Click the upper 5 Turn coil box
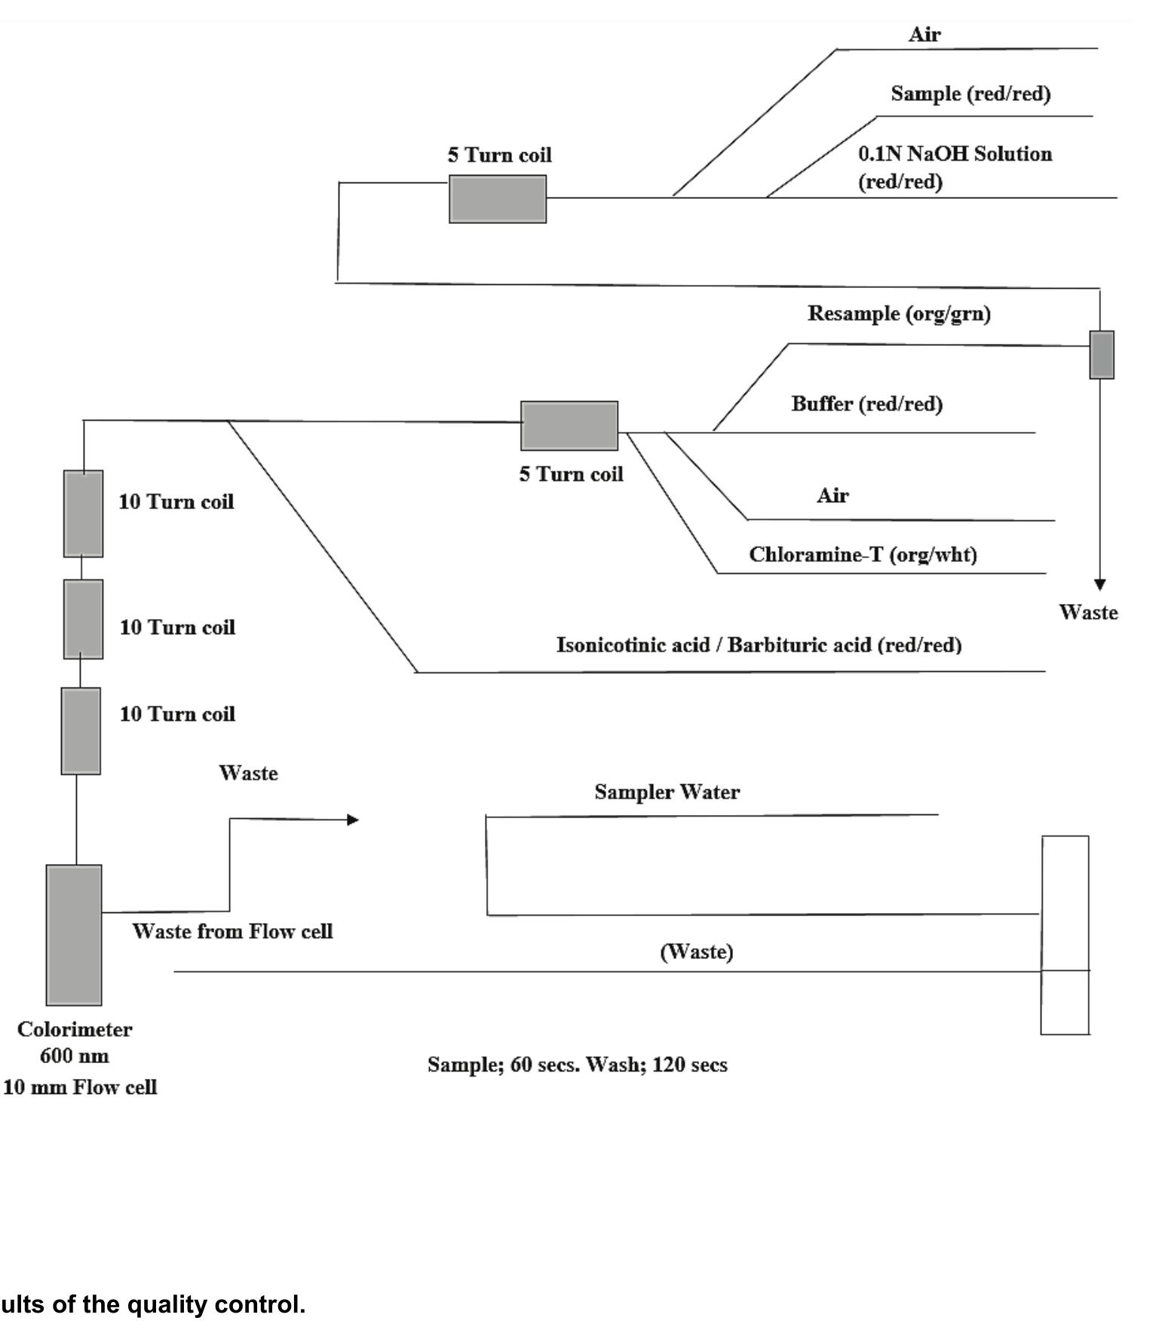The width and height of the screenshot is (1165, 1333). tap(497, 199)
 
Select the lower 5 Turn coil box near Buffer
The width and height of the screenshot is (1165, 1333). tap(569, 426)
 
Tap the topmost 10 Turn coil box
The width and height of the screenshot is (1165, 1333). tap(83, 513)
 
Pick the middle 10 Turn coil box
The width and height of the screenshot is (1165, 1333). tap(83, 619)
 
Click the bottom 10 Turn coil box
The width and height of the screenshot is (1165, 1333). tap(81, 731)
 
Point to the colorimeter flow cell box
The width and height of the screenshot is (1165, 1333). tap(74, 935)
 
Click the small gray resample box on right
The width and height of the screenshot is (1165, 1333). tap(1101, 354)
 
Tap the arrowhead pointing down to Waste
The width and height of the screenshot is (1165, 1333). tap(1099, 584)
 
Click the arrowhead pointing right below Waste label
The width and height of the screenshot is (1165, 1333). tap(352, 820)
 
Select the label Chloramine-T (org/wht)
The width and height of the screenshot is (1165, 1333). tap(863, 555)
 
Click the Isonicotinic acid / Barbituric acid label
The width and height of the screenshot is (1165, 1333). tap(759, 645)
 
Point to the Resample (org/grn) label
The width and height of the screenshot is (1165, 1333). tap(899, 314)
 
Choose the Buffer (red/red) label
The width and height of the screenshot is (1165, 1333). tap(866, 404)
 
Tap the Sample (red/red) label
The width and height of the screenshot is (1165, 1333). tap(970, 94)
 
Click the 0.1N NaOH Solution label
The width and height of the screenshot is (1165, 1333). tap(955, 155)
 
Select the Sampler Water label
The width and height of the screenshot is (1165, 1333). tap(667, 792)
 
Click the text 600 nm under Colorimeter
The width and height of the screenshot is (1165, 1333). tap(74, 1056)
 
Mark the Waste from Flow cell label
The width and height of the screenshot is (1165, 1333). tap(232, 932)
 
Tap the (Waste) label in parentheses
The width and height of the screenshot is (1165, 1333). tap(696, 952)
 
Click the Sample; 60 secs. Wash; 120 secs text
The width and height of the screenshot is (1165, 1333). tap(577, 1065)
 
